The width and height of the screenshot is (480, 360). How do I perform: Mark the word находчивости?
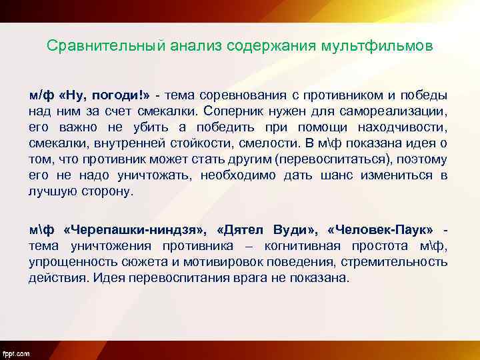[x=405, y=127]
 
